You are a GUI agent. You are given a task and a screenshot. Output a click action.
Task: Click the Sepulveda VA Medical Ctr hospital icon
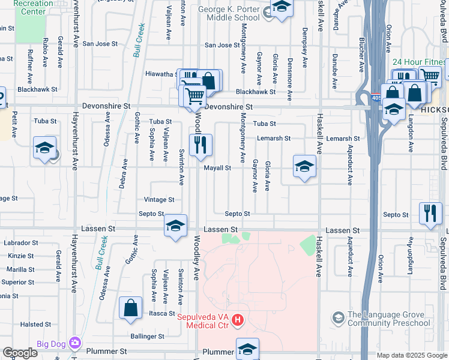pyautogui.click(x=238, y=320)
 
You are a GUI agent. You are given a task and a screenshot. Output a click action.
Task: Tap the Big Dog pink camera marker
pyautogui.click(x=75, y=343)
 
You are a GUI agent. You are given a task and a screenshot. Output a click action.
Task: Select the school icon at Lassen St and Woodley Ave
pyautogui.click(x=175, y=226)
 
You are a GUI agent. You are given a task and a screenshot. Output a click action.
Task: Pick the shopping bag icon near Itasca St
pyautogui.click(x=130, y=308)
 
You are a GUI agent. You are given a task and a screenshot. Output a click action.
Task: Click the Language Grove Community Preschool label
pyautogui.click(x=390, y=319)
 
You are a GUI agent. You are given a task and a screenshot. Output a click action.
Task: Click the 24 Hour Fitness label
pyautogui.click(x=419, y=62)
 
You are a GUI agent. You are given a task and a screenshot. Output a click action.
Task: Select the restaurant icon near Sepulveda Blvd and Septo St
pyautogui.click(x=430, y=214)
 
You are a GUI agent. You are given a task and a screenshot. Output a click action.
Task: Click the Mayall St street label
pyautogui.click(x=217, y=168)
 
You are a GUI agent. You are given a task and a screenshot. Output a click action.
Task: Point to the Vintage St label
pyautogui.click(x=159, y=200)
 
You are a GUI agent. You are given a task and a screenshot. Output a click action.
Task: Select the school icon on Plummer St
pyautogui.click(x=247, y=348)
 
